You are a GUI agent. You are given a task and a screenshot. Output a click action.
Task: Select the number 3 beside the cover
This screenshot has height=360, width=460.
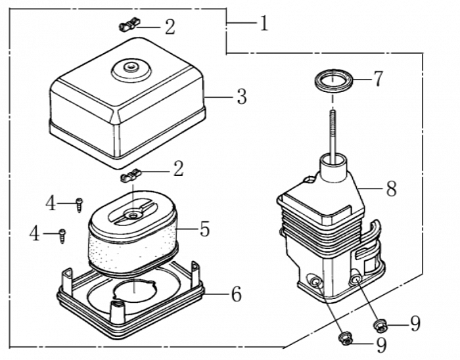point(241,97)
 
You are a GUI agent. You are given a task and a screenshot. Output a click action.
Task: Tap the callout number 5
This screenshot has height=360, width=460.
point(204,229)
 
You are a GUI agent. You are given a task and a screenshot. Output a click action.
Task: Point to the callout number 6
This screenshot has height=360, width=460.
point(236,294)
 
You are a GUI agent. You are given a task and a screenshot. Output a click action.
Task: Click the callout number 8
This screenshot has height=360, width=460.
point(391,189)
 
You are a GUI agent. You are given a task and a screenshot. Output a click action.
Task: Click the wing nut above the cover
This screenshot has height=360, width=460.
point(127,26)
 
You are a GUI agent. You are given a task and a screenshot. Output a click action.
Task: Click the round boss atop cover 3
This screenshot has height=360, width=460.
point(129,67)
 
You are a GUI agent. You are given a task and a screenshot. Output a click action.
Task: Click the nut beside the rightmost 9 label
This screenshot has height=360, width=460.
point(380,325)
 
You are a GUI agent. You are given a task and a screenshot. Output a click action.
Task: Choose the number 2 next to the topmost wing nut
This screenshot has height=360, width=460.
point(170,27)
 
